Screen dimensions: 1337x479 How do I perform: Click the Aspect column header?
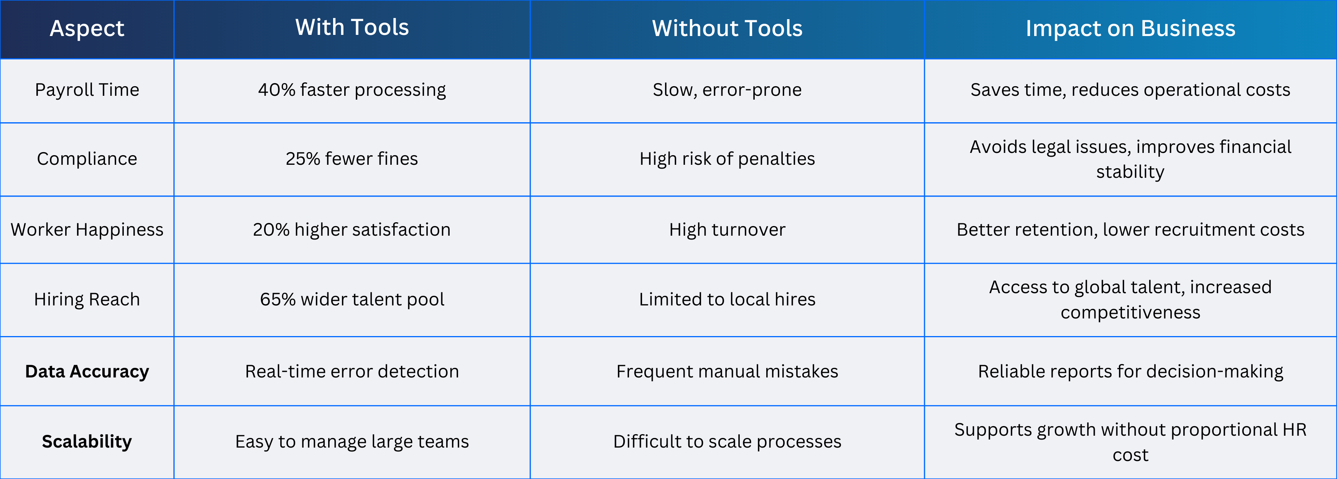coord(87,28)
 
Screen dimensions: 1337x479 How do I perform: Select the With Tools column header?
coord(352,27)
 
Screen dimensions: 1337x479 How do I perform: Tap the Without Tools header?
coord(727,28)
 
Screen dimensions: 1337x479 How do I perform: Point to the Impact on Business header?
coord(1130,28)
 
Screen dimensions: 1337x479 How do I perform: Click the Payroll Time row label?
coord(87,90)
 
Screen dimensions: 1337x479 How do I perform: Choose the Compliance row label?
coord(87,159)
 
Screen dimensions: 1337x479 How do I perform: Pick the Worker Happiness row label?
coord(87,230)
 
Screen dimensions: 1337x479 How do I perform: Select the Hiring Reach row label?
coord(87,299)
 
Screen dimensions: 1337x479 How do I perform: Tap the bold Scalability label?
coord(87,441)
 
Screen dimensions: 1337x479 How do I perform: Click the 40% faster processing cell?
coord(352,90)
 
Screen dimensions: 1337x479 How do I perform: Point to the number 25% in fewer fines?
coord(303,159)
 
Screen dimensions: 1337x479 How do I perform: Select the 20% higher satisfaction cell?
coord(352,230)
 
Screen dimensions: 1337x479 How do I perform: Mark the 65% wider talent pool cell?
coord(352,299)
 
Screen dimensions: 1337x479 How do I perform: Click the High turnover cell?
coord(727,230)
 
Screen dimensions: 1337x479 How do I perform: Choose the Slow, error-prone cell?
coord(727,90)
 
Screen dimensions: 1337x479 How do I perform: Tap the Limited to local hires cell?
coord(727,299)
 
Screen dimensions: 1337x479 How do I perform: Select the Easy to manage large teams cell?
coord(352,441)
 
